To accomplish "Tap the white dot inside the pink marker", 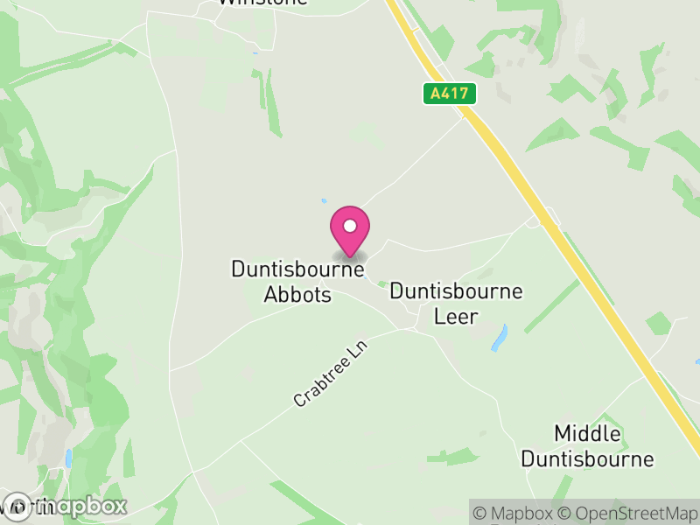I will (x=349, y=226).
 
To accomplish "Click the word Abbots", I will (x=297, y=295).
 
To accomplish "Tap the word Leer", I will (x=457, y=316).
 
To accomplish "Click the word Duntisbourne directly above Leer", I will (x=456, y=291).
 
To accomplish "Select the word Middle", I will (x=587, y=434).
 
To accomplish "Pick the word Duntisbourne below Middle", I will (x=587, y=458).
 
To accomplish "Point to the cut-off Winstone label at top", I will (x=262, y=3).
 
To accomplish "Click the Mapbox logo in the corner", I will (x=65, y=506).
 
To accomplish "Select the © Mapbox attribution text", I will (x=514, y=513).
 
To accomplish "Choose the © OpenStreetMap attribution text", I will (x=628, y=513).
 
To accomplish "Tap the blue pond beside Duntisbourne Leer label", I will (x=500, y=338).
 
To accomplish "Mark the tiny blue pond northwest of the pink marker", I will (x=324, y=200).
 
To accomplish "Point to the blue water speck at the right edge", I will (x=696, y=360).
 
